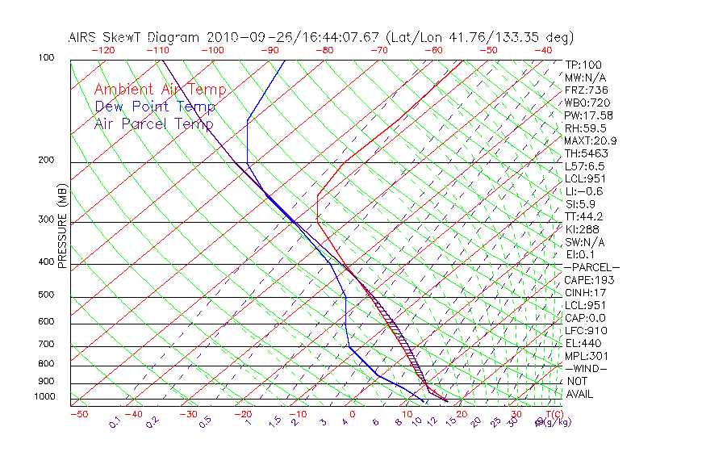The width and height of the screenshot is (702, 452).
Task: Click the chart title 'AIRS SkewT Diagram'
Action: tap(135, 37)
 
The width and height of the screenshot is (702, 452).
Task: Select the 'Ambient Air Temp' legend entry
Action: tap(160, 90)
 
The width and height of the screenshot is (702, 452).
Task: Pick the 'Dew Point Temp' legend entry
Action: tap(155, 107)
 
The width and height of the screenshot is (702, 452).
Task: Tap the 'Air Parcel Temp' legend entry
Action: tap(153, 123)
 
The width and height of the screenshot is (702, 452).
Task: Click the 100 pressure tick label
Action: tap(46, 58)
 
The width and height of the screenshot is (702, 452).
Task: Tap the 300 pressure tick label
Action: tap(46, 220)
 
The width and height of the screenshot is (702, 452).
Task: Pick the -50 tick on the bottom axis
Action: tap(78, 414)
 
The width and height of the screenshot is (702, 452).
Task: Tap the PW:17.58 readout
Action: tap(588, 115)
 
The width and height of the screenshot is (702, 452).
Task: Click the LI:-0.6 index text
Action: tap(583, 191)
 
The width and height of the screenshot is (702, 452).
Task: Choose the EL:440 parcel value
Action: tap(583, 343)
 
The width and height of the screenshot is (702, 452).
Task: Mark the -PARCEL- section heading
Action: tap(591, 267)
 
